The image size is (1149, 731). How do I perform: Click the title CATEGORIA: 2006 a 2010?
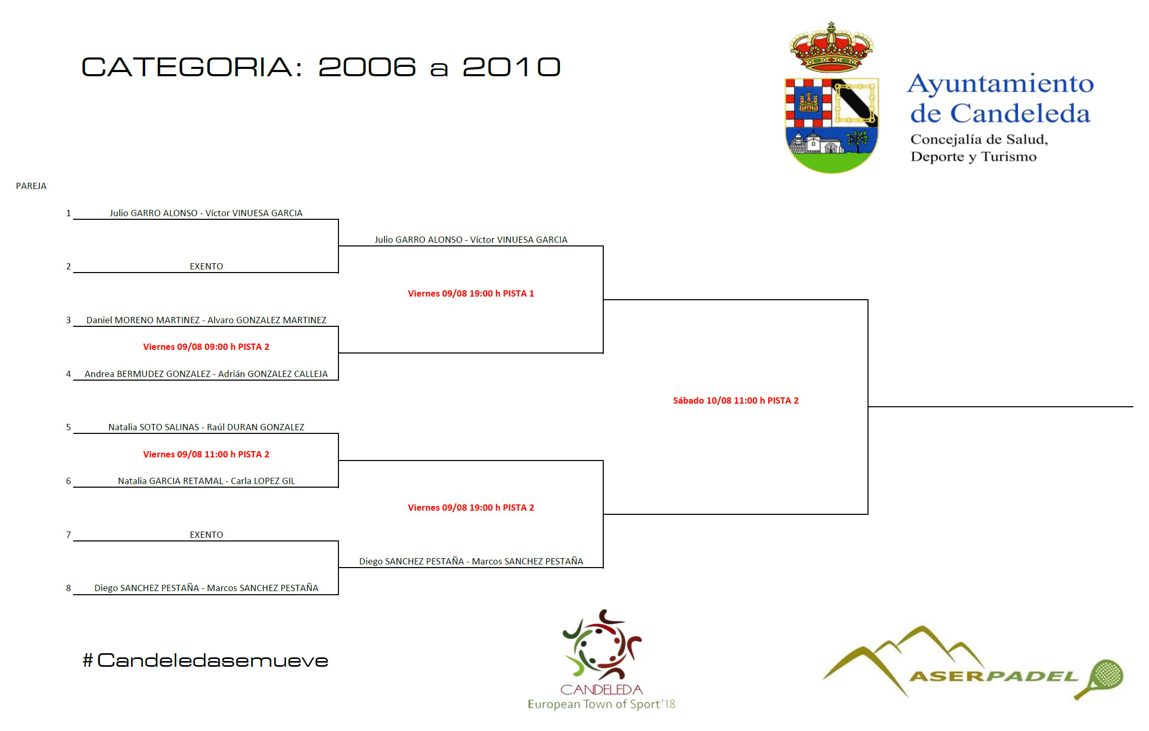321,67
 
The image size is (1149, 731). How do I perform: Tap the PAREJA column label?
31,186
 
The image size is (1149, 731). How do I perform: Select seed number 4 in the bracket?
68,374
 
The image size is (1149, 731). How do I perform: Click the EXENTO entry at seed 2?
206,266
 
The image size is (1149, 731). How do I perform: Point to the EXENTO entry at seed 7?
206,535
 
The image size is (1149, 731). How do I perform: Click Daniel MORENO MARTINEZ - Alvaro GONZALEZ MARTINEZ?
206,320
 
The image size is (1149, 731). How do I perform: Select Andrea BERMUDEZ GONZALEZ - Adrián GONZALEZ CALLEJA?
206,374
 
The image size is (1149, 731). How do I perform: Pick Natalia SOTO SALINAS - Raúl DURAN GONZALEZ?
206,427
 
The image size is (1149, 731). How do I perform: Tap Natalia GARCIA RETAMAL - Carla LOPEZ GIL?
206,481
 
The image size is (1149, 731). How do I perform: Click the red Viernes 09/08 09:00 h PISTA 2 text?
206,347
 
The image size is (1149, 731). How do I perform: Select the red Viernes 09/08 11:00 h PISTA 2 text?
206,454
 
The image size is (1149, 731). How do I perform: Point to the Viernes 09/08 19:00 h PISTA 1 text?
471,293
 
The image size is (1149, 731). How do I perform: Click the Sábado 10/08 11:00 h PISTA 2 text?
736,400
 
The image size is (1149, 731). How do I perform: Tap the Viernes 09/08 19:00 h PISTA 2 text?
471,508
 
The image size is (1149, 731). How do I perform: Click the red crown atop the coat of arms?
831,48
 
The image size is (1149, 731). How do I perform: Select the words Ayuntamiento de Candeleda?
1001,99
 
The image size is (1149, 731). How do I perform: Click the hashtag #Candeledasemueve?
205,661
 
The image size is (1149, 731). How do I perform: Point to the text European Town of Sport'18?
602,704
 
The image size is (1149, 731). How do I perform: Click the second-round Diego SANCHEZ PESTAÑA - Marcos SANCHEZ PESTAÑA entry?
471,561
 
